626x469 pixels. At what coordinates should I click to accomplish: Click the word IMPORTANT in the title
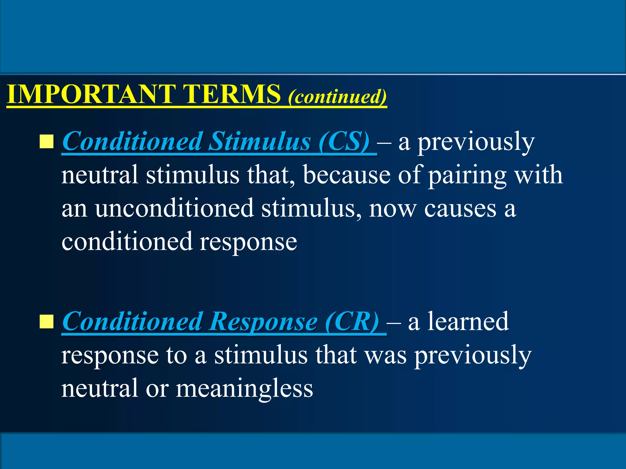[91, 94]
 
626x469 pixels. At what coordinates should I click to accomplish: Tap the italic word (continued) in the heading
[337, 97]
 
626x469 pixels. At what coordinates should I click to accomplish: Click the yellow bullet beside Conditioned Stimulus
[46, 142]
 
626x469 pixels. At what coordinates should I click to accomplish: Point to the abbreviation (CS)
[344, 142]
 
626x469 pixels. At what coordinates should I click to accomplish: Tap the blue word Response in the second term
[263, 322]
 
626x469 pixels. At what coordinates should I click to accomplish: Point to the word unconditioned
[174, 209]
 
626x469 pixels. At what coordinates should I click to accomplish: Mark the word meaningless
[245, 388]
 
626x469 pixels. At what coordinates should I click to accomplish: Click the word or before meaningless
[157, 389]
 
